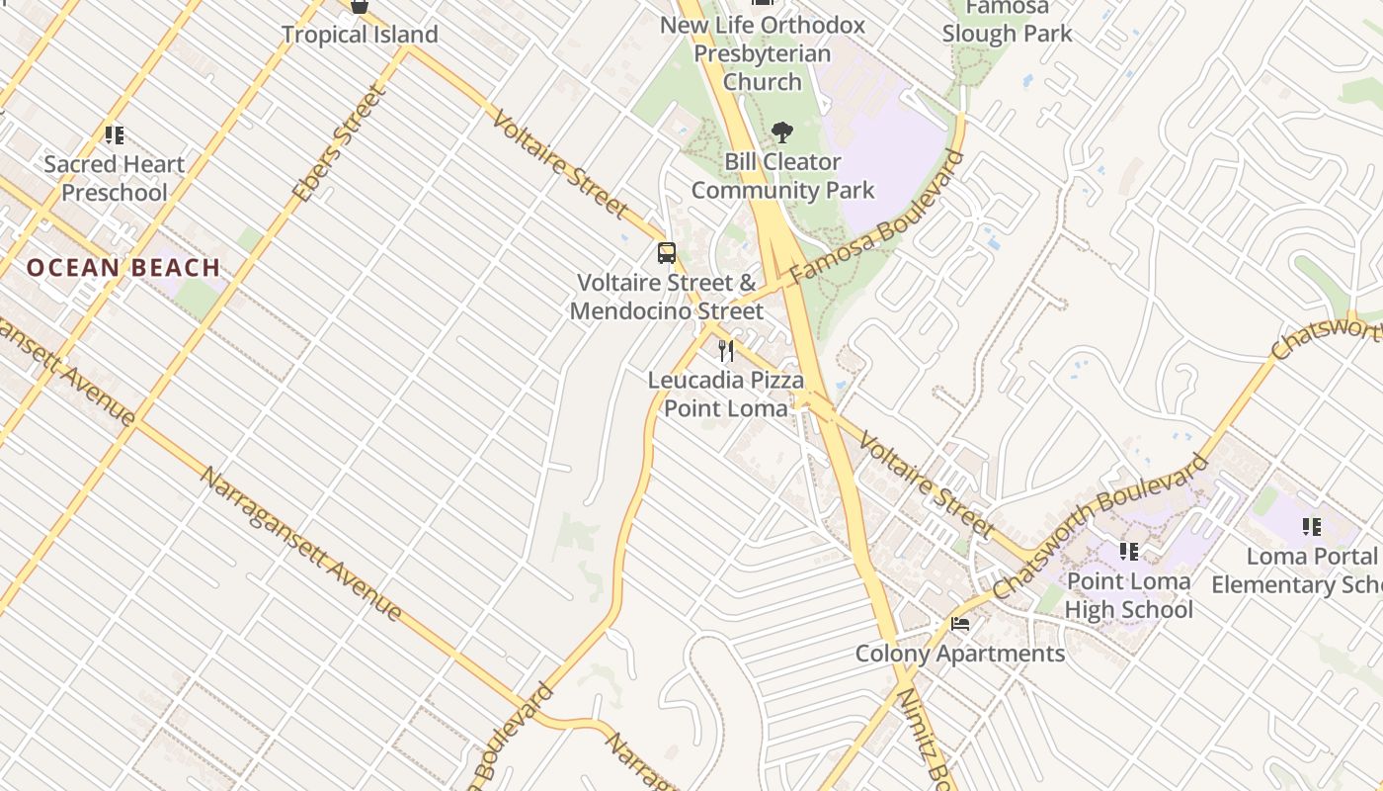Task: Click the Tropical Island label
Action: [x=360, y=35]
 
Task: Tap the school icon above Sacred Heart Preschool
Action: [x=114, y=134]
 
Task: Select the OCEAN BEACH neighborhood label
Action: [x=123, y=267]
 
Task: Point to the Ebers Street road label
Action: [x=338, y=144]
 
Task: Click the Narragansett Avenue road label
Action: [x=301, y=543]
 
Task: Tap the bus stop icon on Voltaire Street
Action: [x=667, y=253]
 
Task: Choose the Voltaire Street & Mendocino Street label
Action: [x=667, y=297]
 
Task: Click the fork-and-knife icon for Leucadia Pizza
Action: [x=726, y=350]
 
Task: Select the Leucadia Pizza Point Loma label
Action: [x=726, y=394]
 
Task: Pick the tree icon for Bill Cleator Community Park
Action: [x=782, y=132]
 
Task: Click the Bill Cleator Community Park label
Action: [x=782, y=176]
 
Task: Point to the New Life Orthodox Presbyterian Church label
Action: [x=762, y=53]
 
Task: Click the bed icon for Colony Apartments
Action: [x=959, y=624]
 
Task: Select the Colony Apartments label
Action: [x=959, y=654]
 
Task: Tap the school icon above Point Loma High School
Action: [x=1128, y=551]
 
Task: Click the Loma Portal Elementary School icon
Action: [x=1311, y=527]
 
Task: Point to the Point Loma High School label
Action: [x=1128, y=595]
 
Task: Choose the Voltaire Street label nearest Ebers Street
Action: [x=559, y=165]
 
